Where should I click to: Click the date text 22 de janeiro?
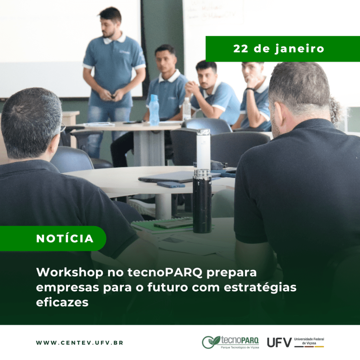pyautogui.click(x=278, y=49)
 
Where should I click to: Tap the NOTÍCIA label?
pyautogui.click(x=65, y=239)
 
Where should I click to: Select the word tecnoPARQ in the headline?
pyautogui.click(x=165, y=272)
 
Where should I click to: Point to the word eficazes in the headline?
pyautogui.click(x=62, y=302)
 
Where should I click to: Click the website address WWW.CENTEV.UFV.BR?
pyautogui.click(x=80, y=343)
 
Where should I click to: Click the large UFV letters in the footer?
pyautogui.click(x=279, y=342)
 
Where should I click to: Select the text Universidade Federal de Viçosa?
pyautogui.click(x=309, y=341)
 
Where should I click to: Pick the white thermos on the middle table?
pyautogui.click(x=204, y=149)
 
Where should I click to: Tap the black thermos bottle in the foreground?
pyautogui.click(x=202, y=201)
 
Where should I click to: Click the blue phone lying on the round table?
pyautogui.click(x=171, y=185)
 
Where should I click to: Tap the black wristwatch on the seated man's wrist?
pyautogui.click(x=250, y=89)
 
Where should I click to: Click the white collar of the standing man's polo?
pyautogui.click(x=114, y=39)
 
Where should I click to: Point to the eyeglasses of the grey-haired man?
pyautogui.click(x=62, y=128)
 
